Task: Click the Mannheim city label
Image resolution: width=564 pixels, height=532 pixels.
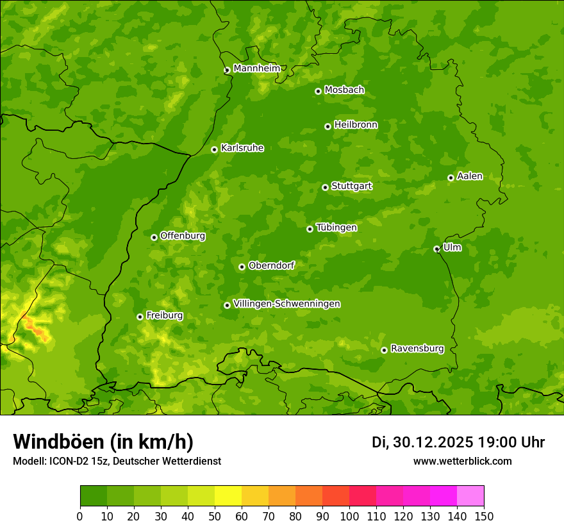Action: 256,69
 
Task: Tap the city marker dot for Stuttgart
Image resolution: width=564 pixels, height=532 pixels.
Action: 325,187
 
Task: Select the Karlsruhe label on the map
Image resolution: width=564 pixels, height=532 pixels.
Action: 242,148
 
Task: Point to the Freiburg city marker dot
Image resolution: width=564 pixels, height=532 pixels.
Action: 140,317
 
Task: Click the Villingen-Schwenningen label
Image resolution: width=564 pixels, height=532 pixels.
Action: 286,304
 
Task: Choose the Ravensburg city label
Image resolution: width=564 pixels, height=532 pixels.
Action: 417,349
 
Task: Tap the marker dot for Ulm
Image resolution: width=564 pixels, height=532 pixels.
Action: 436,249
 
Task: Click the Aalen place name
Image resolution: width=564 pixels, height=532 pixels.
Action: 469,176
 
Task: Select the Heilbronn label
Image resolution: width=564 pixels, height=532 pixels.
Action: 356,125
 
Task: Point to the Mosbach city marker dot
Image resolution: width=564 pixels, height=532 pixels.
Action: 318,91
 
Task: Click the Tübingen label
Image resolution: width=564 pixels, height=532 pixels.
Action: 336,228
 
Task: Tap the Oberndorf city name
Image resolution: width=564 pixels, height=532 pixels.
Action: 271,265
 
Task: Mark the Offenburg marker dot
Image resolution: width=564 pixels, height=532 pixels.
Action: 154,237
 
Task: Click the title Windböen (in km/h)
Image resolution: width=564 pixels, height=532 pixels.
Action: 103,442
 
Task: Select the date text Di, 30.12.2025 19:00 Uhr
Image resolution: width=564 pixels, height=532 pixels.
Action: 458,442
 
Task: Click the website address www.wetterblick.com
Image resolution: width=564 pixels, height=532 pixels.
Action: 462,461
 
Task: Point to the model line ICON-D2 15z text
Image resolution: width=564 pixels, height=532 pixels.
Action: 117,461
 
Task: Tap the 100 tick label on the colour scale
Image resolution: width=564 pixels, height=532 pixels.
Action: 349,516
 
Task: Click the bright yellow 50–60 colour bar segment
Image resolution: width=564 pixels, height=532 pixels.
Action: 228,496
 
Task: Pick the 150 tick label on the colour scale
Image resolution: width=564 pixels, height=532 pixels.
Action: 484,516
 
